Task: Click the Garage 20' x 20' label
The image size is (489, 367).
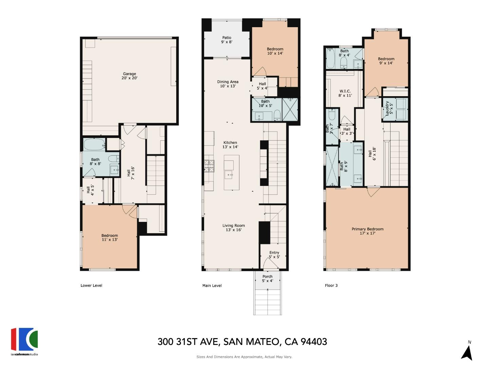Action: tap(129, 76)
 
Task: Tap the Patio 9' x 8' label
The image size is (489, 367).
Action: tap(227, 40)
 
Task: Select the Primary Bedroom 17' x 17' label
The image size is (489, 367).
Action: tap(367, 231)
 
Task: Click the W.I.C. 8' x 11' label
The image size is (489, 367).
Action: tap(345, 93)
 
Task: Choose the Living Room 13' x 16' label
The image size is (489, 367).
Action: tap(233, 228)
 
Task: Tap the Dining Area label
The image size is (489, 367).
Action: tap(228, 84)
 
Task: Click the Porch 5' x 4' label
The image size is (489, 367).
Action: tap(267, 278)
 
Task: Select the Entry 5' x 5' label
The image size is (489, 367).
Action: tap(274, 255)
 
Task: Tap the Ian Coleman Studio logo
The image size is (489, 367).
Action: tap(24, 341)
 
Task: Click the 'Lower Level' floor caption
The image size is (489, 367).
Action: tap(91, 285)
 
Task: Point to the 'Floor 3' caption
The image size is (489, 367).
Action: tap(331, 285)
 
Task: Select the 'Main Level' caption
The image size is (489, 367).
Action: tap(212, 285)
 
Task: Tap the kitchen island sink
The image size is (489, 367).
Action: tap(228, 175)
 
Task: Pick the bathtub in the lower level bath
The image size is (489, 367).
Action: tap(94, 144)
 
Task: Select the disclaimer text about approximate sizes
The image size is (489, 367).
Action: tap(244, 357)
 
